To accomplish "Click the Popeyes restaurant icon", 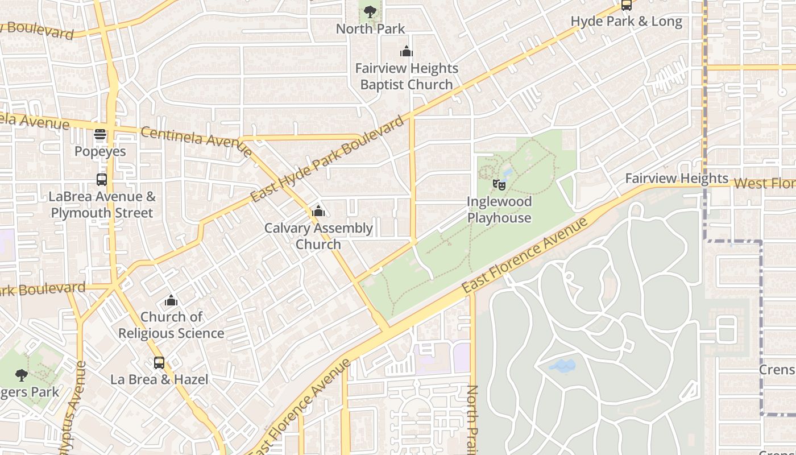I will click(x=100, y=135).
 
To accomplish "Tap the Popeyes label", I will click(x=100, y=151).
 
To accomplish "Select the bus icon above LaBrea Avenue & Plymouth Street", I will click(x=102, y=180).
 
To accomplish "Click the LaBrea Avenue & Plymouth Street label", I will click(x=102, y=205).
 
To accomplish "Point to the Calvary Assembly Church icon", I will click(x=318, y=212).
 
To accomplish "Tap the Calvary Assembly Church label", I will click(x=318, y=236).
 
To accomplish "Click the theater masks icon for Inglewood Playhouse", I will click(x=499, y=184).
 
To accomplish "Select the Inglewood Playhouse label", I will click(x=499, y=209).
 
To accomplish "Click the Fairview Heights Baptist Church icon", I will click(x=407, y=52).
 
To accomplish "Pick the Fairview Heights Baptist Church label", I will click(x=407, y=76).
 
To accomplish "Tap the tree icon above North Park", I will click(x=370, y=11).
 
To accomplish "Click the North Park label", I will click(x=370, y=28).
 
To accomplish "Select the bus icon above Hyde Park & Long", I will click(x=627, y=5).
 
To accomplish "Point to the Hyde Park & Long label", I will click(x=627, y=22).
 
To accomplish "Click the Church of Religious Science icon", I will click(x=171, y=300).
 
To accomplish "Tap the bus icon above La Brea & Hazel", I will click(x=159, y=362).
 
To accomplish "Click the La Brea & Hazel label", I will click(x=159, y=379).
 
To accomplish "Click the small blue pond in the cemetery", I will click(x=563, y=366).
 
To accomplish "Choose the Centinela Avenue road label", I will click(x=196, y=140).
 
